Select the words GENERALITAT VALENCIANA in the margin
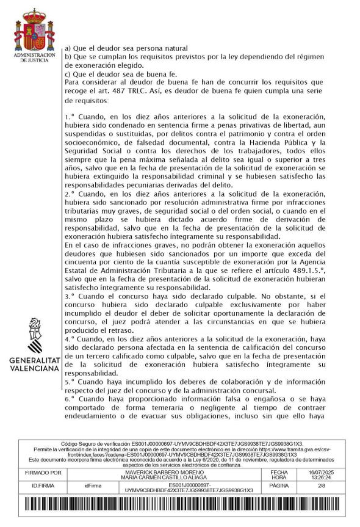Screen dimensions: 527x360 (34, 365)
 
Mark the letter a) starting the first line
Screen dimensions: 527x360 (68, 48)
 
